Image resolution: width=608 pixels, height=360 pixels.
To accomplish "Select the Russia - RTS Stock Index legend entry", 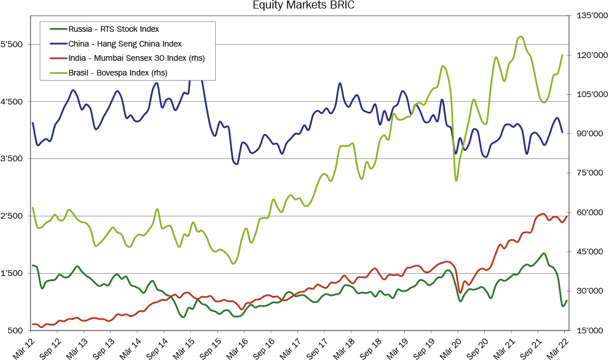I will (x=113, y=28).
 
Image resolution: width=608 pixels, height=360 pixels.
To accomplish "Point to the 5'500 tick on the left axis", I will (x=11, y=44).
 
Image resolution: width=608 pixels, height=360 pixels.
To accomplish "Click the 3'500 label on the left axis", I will (x=11, y=159).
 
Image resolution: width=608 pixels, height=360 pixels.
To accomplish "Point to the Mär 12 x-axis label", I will (x=24, y=345).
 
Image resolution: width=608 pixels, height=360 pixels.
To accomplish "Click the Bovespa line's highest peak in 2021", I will (x=521, y=37).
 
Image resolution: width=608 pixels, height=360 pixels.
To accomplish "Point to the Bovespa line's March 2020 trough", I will (x=456, y=181).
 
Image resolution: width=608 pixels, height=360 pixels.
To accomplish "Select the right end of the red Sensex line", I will (x=567, y=216).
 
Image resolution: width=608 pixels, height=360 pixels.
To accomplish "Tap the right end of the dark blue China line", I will (x=562, y=132).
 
